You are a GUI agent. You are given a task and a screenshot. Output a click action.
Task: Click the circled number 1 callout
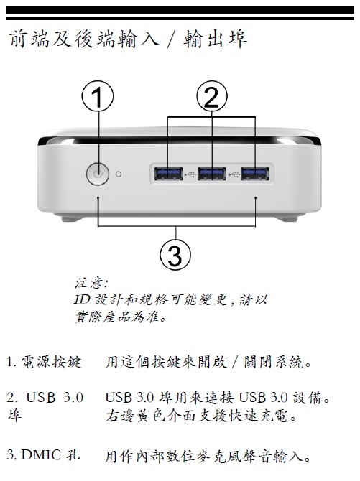pyautogui.click(x=98, y=95)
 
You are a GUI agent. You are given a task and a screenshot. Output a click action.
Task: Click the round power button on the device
pyautogui.click(x=98, y=174)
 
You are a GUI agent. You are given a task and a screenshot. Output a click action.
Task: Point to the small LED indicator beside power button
pyautogui.click(x=119, y=174)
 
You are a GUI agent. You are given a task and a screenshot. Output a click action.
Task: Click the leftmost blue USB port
pyautogui.click(x=168, y=174)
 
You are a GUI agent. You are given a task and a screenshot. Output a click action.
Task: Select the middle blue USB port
pyautogui.click(x=212, y=174)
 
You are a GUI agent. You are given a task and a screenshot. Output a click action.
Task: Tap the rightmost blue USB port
pyautogui.click(x=255, y=174)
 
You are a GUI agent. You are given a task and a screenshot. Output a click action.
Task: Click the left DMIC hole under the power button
pyautogui.click(x=98, y=198)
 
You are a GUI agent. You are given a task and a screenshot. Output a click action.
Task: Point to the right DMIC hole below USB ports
pyautogui.click(x=256, y=198)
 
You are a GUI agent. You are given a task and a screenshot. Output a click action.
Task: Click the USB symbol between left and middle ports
pyautogui.click(x=190, y=174)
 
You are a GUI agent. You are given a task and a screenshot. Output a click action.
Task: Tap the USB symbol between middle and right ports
pyautogui.click(x=234, y=174)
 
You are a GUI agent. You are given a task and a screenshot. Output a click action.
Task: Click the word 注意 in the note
pyautogui.click(x=89, y=283)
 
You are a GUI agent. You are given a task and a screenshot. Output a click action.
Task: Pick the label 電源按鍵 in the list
pyautogui.click(x=51, y=362)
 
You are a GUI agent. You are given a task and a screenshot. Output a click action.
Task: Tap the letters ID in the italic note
pyautogui.click(x=81, y=299)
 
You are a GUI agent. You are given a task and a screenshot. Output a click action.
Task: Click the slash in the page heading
pyautogui.click(x=171, y=40)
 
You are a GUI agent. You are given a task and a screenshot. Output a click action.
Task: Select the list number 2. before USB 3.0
pyautogui.click(x=13, y=398)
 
